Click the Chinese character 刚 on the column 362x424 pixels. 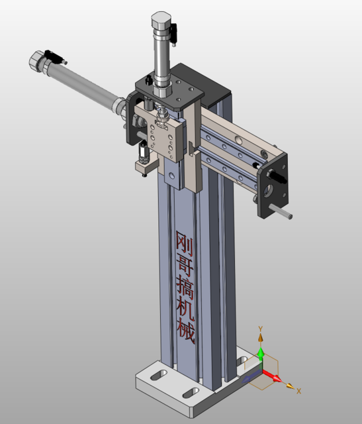(184, 241)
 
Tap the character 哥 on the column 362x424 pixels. (184, 264)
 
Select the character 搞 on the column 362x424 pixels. (185, 286)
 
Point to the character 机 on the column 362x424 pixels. (185, 308)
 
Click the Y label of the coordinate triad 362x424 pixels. (261, 329)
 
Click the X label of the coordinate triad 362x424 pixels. (299, 390)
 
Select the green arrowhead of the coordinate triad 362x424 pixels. (261, 353)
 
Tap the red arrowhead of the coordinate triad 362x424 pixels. (277, 380)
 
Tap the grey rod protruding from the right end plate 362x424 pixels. (283, 213)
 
